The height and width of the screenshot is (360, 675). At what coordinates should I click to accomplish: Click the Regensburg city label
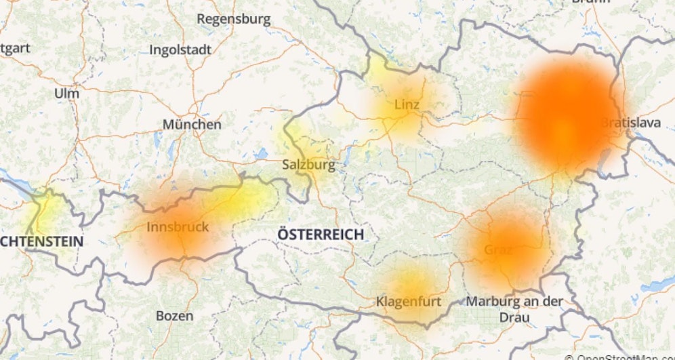(233, 19)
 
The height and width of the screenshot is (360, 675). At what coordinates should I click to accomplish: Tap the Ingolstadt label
(180, 49)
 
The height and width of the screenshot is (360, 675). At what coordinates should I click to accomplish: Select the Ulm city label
(66, 93)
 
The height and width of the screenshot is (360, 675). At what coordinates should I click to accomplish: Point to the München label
(192, 125)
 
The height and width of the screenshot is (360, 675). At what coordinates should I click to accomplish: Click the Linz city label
(407, 105)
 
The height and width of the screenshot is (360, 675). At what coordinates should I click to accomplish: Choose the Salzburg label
(308, 165)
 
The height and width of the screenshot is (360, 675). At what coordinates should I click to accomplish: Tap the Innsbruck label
(178, 227)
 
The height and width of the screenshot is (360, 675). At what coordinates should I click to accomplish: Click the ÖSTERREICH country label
(320, 235)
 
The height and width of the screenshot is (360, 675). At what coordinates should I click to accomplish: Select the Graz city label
(498, 249)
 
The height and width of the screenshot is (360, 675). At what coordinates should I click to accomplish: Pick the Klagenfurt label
(408, 301)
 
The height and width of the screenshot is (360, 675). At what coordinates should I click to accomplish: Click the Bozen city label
(174, 316)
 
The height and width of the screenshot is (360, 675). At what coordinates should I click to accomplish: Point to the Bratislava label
(630, 123)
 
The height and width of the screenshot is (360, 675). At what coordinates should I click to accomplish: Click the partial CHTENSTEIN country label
(42, 241)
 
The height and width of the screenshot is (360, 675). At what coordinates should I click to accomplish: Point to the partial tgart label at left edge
(15, 49)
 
